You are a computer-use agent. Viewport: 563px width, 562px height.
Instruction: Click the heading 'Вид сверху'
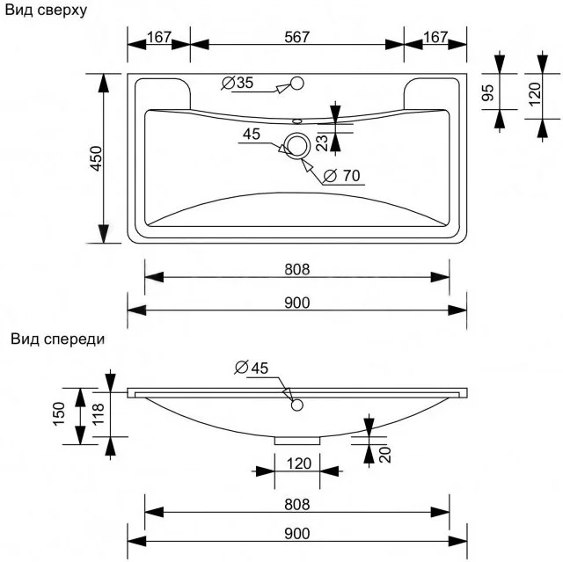click(x=45, y=10)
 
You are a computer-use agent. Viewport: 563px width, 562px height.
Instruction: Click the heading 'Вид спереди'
click(x=58, y=339)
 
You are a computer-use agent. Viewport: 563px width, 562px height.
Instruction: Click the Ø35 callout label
click(x=238, y=84)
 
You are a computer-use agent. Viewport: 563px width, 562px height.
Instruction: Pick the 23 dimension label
click(x=323, y=140)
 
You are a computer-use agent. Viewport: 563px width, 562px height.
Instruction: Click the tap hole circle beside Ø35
click(x=296, y=84)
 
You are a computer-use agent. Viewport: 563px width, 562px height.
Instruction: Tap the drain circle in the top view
click(x=296, y=146)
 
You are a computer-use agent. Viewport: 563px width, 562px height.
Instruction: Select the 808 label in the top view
click(x=296, y=268)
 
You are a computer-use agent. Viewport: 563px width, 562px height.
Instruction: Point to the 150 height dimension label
click(x=59, y=414)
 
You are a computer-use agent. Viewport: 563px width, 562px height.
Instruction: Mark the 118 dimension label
click(x=98, y=414)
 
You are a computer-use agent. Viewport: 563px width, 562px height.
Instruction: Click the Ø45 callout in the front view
click(x=252, y=368)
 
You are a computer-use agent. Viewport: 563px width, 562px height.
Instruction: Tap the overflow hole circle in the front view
click(x=296, y=405)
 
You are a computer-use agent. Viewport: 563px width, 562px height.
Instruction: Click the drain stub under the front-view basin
click(x=296, y=439)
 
